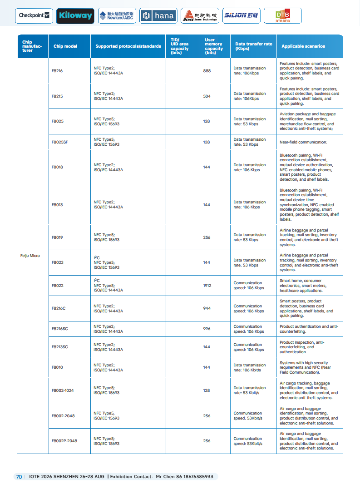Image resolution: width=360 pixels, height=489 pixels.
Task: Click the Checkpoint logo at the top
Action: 34,15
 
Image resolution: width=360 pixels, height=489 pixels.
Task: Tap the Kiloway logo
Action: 75,16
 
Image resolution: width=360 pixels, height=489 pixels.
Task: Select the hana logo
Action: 158,16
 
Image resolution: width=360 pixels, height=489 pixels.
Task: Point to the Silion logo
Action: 241,15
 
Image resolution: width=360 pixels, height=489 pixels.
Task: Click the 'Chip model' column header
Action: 65,46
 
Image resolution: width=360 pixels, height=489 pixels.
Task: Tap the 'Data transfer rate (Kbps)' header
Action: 254,46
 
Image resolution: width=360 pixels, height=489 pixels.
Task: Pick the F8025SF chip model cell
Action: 60,142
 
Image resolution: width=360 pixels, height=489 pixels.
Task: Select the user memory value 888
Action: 207,71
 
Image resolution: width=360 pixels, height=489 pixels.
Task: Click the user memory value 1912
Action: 207,286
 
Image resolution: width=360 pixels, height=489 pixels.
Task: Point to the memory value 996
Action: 207,329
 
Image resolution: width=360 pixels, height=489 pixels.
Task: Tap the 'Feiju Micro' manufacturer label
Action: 30,256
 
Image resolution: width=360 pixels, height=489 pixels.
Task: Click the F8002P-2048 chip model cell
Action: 64,441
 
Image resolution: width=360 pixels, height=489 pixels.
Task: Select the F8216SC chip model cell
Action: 60,329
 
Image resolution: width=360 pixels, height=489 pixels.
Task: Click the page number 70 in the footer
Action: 19,477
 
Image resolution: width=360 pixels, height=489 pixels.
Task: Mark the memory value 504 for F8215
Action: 207,96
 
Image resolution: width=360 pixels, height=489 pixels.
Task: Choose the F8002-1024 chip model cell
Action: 63,390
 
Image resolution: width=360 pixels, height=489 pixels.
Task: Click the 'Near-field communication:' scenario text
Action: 303,142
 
